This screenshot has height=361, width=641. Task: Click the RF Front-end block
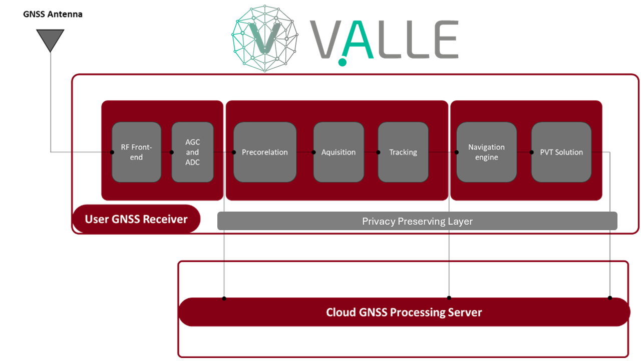(x=136, y=152)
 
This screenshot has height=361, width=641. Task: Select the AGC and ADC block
(x=192, y=152)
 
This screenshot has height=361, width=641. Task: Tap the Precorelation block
(x=265, y=152)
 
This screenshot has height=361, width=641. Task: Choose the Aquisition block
(x=339, y=152)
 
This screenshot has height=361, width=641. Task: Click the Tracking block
(x=403, y=152)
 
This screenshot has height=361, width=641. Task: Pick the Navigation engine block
(x=486, y=152)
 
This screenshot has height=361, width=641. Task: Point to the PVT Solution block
(x=561, y=152)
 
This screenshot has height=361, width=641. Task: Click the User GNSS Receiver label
(x=136, y=219)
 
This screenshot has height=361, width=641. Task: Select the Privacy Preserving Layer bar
(x=417, y=221)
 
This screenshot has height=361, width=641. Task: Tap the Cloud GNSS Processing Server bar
(x=404, y=312)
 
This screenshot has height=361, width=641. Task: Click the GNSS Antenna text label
(x=53, y=14)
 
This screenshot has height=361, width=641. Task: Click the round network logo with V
(x=264, y=39)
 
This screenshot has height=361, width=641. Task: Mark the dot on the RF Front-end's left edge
(x=112, y=152)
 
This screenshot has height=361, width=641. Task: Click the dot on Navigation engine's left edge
(x=457, y=152)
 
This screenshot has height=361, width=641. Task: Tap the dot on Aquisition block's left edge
(x=314, y=152)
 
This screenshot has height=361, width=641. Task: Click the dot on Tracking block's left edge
(x=379, y=152)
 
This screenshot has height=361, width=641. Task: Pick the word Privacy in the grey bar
(x=378, y=221)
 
